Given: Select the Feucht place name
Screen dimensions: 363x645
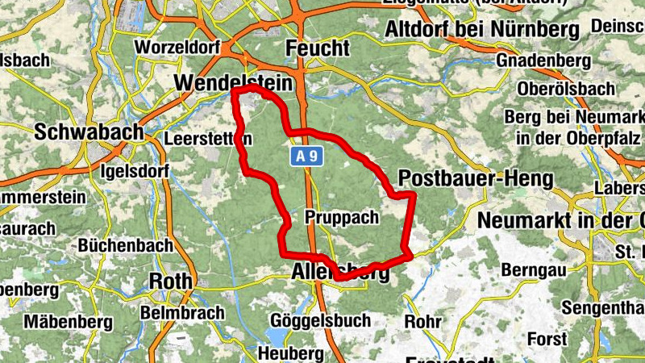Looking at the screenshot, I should pyautogui.click(x=318, y=49).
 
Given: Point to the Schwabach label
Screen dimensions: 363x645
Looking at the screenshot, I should pyautogui.click(x=89, y=131).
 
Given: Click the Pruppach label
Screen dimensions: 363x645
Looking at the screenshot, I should pyautogui.click(x=341, y=217).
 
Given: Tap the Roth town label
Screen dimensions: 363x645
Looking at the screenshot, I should pyautogui.click(x=171, y=280).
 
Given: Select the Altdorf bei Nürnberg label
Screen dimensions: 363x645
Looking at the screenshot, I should pyautogui.click(x=482, y=30).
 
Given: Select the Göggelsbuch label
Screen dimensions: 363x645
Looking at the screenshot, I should pyautogui.click(x=321, y=320).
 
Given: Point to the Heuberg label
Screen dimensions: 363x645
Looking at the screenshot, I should pyautogui.click(x=290, y=353).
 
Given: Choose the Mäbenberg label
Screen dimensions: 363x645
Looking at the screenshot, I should pyautogui.click(x=68, y=322).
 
